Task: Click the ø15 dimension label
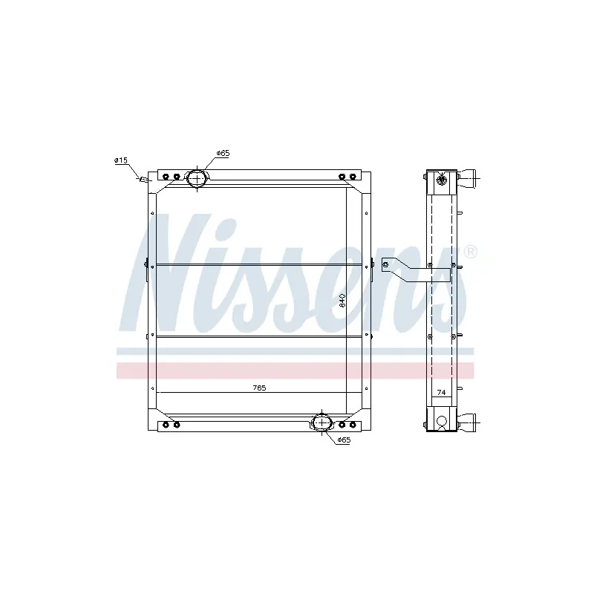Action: (121, 160)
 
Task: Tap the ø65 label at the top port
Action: (223, 153)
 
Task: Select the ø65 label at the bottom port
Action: (343, 440)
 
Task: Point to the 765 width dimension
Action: (258, 388)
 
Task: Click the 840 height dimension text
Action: (342, 301)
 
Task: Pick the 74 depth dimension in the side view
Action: (441, 392)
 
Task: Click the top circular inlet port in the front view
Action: (198, 178)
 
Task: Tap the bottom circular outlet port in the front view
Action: (323, 422)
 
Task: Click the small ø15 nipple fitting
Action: (143, 178)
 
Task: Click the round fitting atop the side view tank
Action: (443, 179)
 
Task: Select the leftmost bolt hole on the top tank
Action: (166, 177)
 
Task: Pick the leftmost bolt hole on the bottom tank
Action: (166, 424)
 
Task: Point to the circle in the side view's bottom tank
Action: (443, 422)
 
